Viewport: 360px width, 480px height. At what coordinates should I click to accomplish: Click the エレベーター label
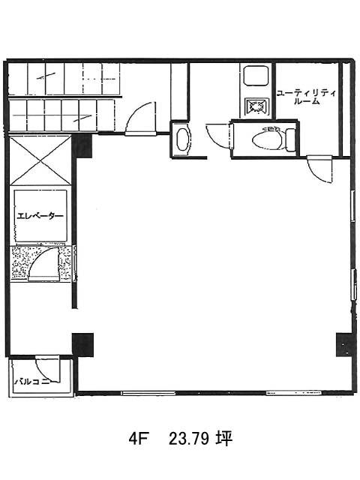coord(40,216)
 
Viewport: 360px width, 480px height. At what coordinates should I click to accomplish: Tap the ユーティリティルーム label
coord(306,97)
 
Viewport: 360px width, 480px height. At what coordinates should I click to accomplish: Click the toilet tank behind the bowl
coord(290,140)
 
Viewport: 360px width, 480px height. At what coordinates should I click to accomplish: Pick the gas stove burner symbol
coord(256,106)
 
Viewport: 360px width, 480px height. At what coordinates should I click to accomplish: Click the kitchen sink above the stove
coord(256,76)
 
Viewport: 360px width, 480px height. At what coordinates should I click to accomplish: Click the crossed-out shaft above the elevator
coord(40,160)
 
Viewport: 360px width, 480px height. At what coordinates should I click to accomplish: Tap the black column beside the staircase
coord(82,146)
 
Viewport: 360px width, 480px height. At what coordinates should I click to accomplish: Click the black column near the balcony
coord(83,345)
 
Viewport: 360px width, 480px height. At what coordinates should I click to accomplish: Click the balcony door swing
coord(46,368)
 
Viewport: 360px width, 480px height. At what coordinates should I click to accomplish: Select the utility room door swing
coord(320,169)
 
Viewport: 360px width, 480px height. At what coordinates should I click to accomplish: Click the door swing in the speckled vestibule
coord(43,264)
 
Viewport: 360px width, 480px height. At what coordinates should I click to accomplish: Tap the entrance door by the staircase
coord(140,118)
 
